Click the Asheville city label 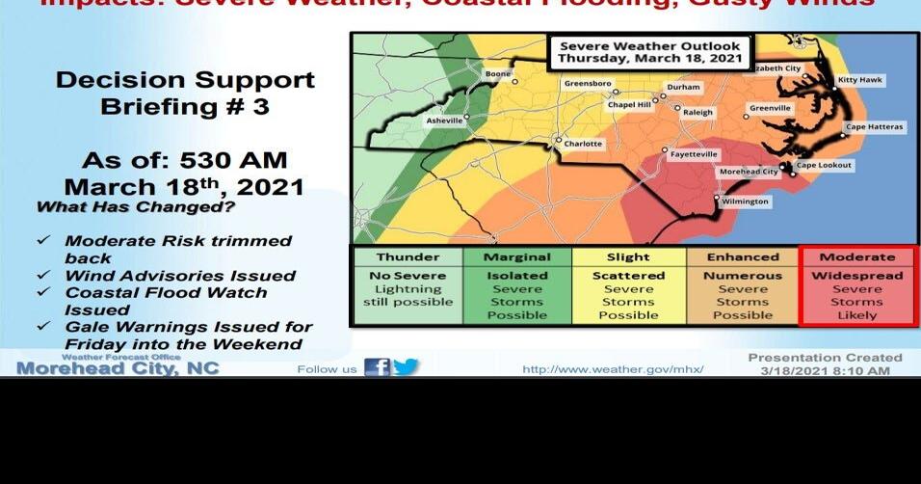(x=445, y=121)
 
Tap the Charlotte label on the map (x=582, y=144)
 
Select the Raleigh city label (x=698, y=113)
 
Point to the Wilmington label (x=747, y=202)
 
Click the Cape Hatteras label (x=875, y=127)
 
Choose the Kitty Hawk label (x=859, y=80)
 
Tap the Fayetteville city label (x=694, y=154)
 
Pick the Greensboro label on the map (x=588, y=84)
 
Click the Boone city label (x=498, y=74)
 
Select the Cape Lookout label (x=825, y=166)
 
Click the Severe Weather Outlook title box (x=650, y=53)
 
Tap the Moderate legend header (x=856, y=257)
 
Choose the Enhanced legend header (x=743, y=257)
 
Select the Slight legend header (x=629, y=257)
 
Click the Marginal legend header (x=516, y=257)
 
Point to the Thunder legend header (x=407, y=257)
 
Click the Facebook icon (x=378, y=367)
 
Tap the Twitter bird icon (x=407, y=367)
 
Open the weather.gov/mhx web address (x=613, y=369)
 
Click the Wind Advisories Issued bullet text (x=180, y=276)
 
